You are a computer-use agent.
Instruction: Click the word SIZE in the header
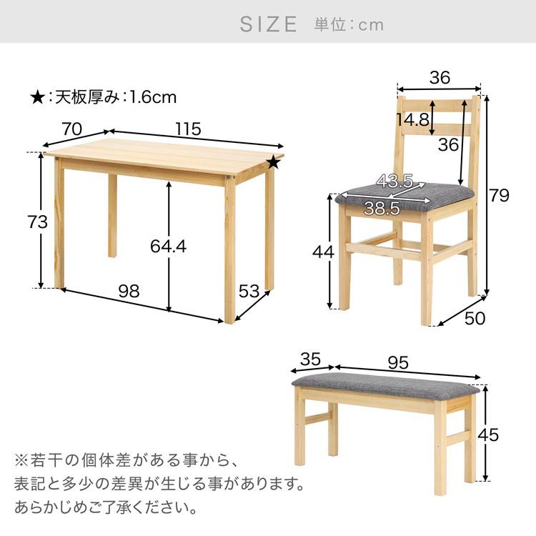tap(268, 24)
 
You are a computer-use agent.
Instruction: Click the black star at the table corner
tap(273, 163)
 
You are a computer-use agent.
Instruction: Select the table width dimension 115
tap(187, 129)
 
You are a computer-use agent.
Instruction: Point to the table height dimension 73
tap(36, 222)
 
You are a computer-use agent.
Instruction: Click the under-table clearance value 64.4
tap(169, 246)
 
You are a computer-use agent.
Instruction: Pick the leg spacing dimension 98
tap(129, 291)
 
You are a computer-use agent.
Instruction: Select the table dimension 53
tap(249, 291)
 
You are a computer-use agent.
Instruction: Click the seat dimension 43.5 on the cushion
tap(395, 182)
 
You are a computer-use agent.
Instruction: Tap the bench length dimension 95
tap(398, 362)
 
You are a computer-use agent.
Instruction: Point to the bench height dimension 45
tap(507, 434)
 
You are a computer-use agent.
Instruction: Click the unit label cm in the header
tap(371, 25)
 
